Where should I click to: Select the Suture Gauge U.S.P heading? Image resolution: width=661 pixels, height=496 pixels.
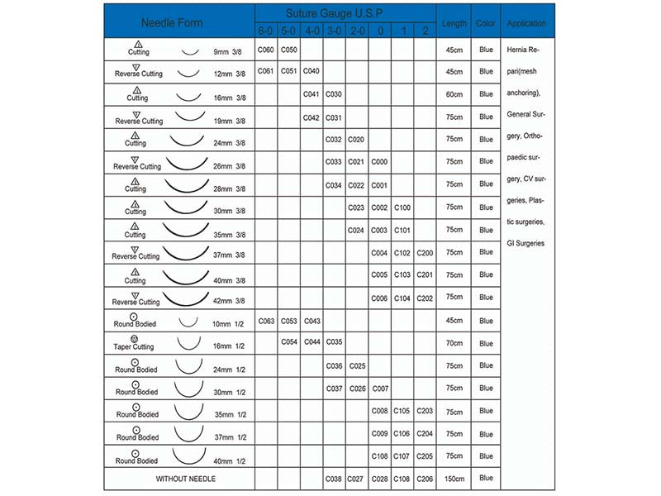click(x=345, y=14)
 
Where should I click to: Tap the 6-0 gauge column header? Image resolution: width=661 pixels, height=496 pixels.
click(x=265, y=31)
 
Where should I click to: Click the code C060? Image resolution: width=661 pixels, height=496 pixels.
click(x=265, y=50)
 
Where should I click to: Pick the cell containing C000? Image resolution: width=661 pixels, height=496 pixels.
click(x=380, y=162)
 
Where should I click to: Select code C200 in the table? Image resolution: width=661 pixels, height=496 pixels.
click(x=425, y=252)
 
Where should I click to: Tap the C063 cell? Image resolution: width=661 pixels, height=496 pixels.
click(x=265, y=320)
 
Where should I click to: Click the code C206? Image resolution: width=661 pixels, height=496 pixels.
click(x=425, y=478)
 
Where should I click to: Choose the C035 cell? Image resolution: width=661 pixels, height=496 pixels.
click(x=334, y=342)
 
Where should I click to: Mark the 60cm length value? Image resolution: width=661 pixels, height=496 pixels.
click(x=454, y=94)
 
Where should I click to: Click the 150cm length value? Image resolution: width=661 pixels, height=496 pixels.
click(x=454, y=478)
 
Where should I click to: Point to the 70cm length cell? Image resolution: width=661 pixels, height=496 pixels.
click(x=454, y=342)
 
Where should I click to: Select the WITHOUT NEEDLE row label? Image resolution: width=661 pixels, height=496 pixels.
click(x=186, y=479)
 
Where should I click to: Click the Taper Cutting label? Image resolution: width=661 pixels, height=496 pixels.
click(x=133, y=347)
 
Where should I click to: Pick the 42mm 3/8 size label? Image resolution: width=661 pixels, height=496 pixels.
click(x=231, y=301)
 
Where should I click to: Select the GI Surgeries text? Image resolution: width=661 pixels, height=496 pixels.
click(x=525, y=243)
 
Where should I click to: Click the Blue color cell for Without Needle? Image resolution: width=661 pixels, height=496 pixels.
click(x=486, y=478)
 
